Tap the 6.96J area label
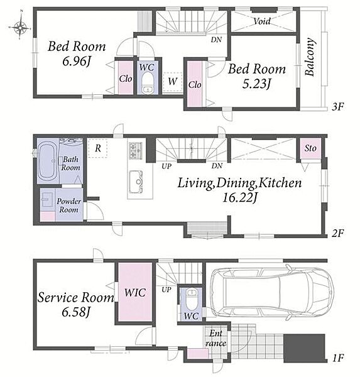[x=76, y=62]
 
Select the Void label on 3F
[x=262, y=21]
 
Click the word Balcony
[x=310, y=57]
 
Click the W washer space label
[x=173, y=82]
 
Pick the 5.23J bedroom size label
[x=256, y=84]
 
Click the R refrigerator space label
[x=97, y=148]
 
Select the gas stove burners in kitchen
[x=136, y=151]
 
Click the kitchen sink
[x=136, y=182]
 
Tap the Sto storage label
[x=310, y=148]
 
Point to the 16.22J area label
[x=240, y=198]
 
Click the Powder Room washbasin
[x=46, y=199]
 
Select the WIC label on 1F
[x=135, y=293]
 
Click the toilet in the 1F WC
[x=192, y=300]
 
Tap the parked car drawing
[x=272, y=292]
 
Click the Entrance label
[x=215, y=338]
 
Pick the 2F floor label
[x=338, y=233]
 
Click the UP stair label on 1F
[x=166, y=290]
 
